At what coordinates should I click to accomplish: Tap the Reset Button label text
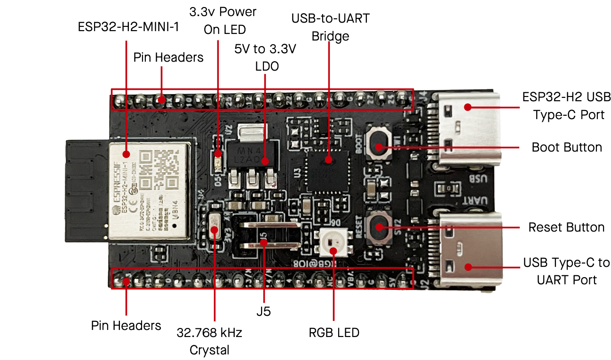point(566,227)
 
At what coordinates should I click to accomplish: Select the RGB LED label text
point(334,333)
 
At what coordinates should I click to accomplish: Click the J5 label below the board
point(264,312)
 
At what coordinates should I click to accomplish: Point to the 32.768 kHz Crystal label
point(209,342)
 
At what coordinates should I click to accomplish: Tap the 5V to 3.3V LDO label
point(265,58)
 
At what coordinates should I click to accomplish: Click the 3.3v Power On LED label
point(222,20)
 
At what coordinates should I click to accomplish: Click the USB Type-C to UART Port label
point(566,271)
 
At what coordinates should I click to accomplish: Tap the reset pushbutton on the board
point(379,227)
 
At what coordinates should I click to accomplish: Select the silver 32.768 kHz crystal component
point(214,229)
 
